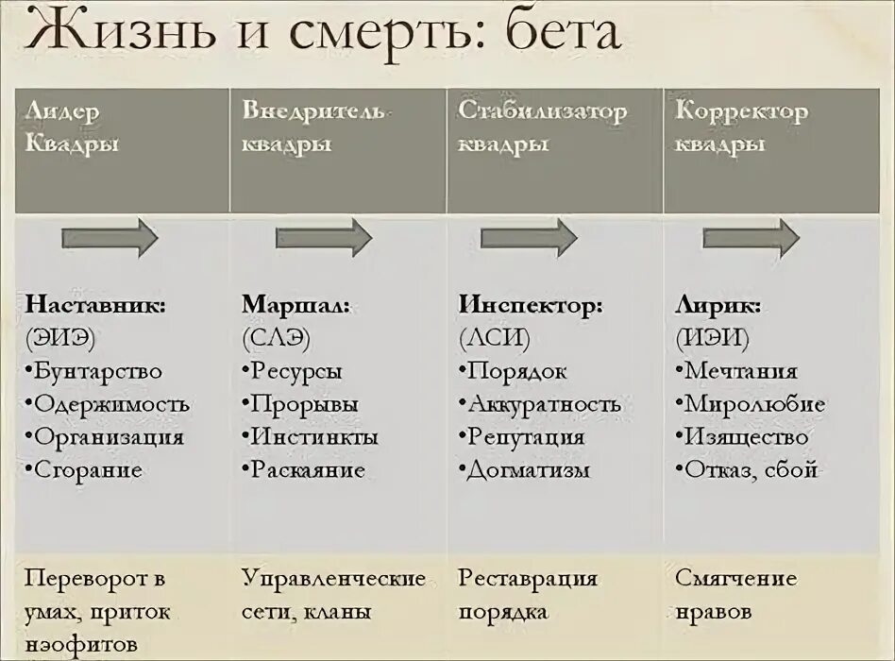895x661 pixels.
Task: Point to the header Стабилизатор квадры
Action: [x=542, y=127]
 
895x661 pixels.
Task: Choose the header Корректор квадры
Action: [x=741, y=127]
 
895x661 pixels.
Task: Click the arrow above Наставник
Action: [x=109, y=237]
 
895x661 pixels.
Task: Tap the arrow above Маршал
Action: [x=324, y=237]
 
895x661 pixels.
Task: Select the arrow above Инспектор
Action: [x=528, y=237]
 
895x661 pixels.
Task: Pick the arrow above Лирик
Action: [x=751, y=237]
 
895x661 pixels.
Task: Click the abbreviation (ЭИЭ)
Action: [x=61, y=338]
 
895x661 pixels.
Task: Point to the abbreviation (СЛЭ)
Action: [x=277, y=338]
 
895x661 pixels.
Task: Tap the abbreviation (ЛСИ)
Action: [x=495, y=338]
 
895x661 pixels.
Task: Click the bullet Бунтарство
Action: [x=97, y=371]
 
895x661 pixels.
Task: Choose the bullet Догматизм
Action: [x=528, y=469]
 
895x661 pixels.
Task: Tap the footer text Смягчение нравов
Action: [x=736, y=595]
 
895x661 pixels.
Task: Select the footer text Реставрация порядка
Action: [x=528, y=595]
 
